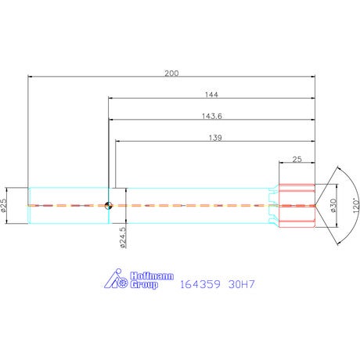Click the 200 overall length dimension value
171,74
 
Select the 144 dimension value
211,95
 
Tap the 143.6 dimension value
212,116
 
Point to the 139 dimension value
215,138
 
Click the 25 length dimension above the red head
297,159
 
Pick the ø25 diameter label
3,205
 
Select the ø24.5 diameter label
123,237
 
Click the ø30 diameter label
333,205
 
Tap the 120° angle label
356,206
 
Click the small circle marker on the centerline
108,206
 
